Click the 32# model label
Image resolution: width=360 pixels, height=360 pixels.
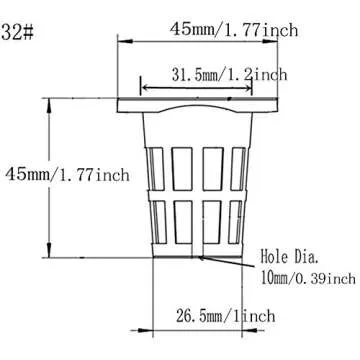[x=17, y=33]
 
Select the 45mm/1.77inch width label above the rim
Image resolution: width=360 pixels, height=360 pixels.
[x=234, y=29]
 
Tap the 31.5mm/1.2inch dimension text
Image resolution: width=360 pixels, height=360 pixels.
[x=229, y=75]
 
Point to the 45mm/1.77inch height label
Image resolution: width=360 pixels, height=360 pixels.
[x=67, y=175]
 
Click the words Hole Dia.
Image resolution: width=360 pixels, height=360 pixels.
[x=290, y=257]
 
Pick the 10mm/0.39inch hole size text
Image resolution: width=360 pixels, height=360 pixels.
[x=308, y=278]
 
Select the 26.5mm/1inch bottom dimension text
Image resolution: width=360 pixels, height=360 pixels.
[x=226, y=316]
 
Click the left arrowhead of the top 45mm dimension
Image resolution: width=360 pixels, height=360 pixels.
[x=125, y=41]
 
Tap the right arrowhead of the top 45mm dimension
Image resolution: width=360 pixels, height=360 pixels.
[x=270, y=41]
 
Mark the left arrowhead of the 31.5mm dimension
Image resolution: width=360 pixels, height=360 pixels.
[x=148, y=88]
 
